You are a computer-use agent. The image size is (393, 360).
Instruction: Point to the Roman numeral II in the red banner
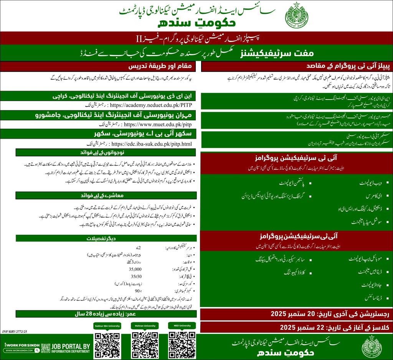132,38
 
